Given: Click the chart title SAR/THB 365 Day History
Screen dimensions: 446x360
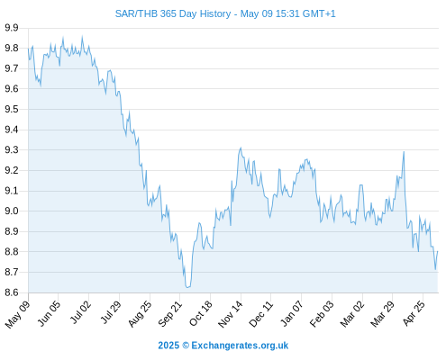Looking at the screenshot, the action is coord(173,13).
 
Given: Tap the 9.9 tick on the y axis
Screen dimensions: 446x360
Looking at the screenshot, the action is coord(12,28).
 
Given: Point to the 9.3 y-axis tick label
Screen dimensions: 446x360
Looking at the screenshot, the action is coord(12,150).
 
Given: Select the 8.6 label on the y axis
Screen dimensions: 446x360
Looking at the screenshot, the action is coord(12,292).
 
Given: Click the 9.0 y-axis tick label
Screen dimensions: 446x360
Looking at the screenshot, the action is coord(12,211).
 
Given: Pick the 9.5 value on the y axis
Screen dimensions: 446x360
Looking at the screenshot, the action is coord(12,109).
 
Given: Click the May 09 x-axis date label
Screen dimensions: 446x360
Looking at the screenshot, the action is coord(18,314).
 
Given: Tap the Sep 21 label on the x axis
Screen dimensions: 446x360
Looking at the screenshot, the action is coord(169,313).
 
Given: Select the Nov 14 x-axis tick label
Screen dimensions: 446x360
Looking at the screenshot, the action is coord(230,314).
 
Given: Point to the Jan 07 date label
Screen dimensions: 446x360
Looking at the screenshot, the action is coord(291,313).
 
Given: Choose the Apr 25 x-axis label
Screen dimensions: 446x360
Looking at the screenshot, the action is coord(414,313).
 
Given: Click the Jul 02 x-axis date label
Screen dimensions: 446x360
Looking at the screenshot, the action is coord(79,312).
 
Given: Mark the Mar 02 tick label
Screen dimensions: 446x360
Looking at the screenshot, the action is coord(352,314).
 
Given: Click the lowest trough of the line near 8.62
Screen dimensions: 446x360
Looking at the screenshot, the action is coord(187,287).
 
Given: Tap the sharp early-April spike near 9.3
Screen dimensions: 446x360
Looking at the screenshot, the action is coord(404,152).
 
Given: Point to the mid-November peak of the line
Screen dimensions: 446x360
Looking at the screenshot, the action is coord(241,148).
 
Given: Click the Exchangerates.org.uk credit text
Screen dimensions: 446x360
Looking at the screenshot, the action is coord(240,346).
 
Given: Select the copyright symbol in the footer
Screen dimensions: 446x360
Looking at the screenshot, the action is coord(186,346).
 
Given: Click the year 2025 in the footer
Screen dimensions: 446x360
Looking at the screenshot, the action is coord(168,346).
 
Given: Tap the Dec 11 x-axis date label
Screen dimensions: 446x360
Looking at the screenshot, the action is coord(260,314).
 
